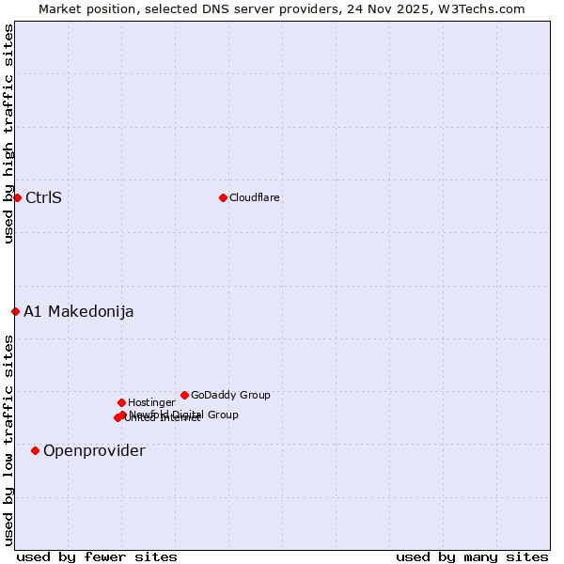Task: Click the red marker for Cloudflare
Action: [223, 197]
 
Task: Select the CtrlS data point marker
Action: [17, 197]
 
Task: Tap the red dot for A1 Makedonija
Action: [15, 311]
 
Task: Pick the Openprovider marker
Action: [35, 450]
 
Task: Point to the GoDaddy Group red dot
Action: [184, 395]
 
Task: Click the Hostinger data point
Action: [121, 402]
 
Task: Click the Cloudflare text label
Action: [254, 197]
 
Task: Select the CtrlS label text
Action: [43, 197]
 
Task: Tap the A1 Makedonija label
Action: [78, 311]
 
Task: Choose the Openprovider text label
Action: [94, 450]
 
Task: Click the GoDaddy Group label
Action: [230, 395]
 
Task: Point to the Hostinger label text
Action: [151, 402]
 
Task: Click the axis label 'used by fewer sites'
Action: [97, 556]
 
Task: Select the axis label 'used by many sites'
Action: [472, 556]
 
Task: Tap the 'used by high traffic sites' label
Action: [8, 133]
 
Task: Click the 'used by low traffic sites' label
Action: [8, 440]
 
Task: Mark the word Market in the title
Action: [61, 8]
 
